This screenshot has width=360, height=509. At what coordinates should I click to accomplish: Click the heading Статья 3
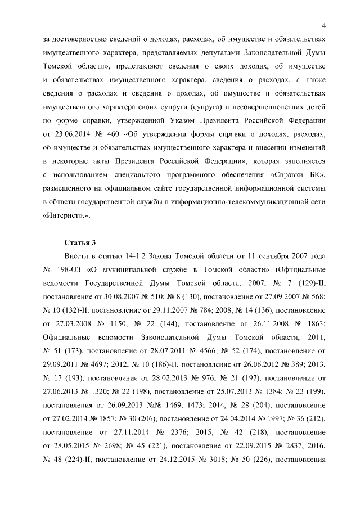(80, 242)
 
